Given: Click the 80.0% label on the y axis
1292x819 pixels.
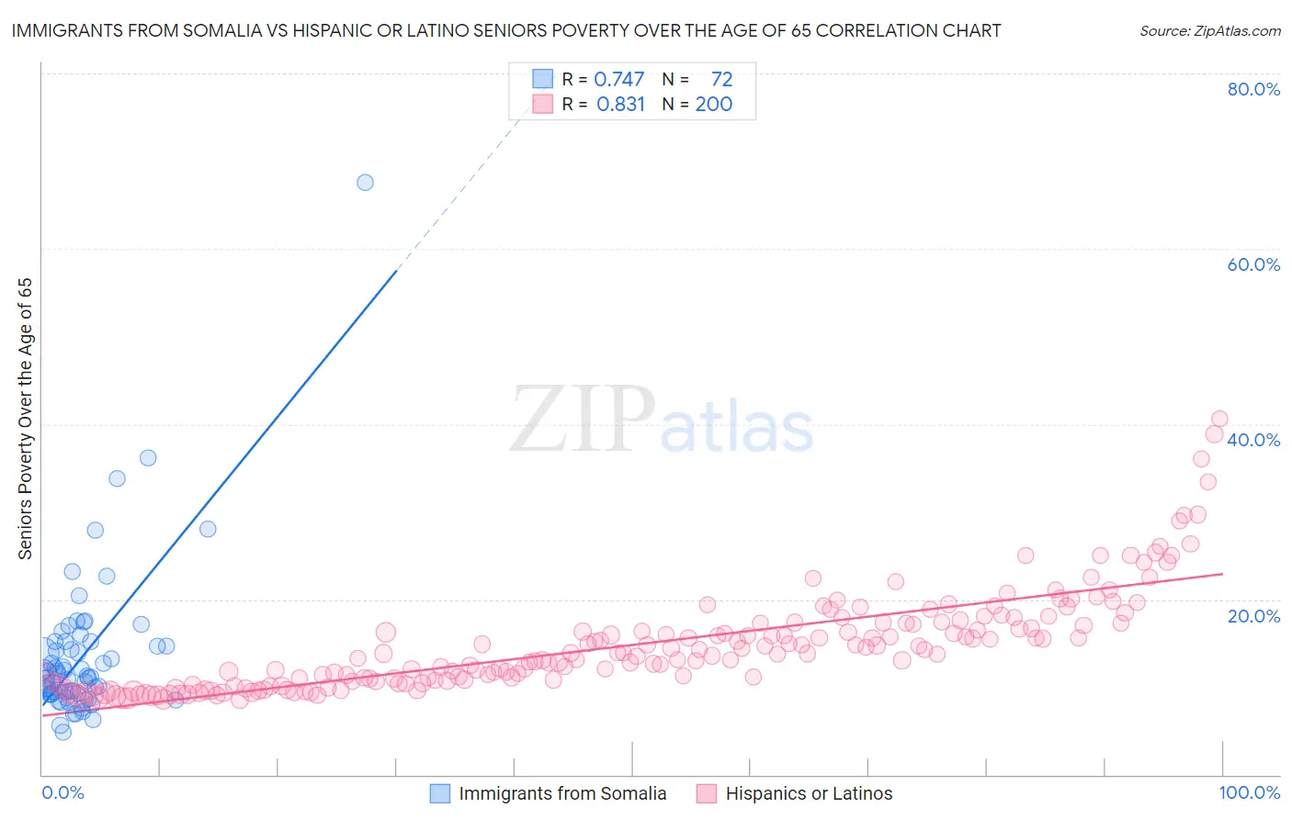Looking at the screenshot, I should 1253,89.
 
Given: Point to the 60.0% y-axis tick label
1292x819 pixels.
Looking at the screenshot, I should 1253,264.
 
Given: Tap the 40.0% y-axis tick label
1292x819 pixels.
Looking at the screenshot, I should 1253,440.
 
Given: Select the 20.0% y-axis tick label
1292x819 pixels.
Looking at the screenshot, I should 1253,615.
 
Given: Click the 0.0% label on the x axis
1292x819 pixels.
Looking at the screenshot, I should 62,792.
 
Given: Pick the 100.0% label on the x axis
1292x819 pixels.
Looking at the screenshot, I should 1249,792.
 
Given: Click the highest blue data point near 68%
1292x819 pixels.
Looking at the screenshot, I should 365,182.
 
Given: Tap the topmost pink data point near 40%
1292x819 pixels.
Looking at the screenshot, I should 1219,419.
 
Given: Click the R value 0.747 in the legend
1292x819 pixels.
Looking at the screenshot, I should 618,80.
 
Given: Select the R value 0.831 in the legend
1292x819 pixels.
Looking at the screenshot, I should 620,105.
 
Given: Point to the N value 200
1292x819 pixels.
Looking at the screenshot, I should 713,105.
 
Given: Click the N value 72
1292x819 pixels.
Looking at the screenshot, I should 721,80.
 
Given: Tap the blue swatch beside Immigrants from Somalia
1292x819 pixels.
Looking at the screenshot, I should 440,793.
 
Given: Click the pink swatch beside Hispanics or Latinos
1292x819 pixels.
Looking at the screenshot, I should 706,793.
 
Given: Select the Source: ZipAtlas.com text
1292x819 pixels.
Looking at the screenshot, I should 1209,31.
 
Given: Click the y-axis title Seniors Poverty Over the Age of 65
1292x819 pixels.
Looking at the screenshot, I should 26,419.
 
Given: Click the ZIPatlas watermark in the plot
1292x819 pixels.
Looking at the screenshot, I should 662,421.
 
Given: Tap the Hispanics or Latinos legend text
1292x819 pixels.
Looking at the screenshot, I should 809,793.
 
